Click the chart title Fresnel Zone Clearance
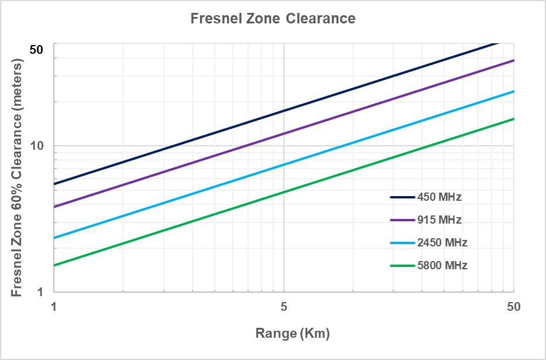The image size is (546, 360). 273,19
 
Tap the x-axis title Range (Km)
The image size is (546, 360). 293,334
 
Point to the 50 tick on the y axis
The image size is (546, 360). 36,50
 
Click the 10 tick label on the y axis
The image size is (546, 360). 37,146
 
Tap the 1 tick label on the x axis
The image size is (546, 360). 54,306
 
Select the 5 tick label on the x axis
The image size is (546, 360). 284,306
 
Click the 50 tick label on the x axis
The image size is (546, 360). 513,306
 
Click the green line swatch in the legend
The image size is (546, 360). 402,265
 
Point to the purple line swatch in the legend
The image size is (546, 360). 402,220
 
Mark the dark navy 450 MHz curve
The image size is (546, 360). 284,111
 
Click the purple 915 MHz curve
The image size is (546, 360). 284,133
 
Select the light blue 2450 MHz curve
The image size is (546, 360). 284,164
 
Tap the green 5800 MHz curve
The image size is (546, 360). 284,192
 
